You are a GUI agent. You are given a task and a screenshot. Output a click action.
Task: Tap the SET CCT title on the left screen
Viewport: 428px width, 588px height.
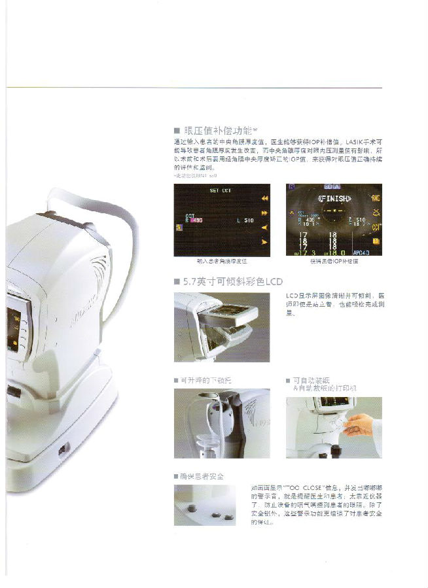point(220,191)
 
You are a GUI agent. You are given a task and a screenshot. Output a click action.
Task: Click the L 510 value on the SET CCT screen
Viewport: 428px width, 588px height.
point(245,221)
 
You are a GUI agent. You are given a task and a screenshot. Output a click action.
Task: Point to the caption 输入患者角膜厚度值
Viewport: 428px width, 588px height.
point(221,261)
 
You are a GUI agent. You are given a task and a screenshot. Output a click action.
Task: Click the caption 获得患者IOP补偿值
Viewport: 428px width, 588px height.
point(334,261)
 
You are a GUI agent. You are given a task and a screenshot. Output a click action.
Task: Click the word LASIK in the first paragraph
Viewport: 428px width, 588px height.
point(356,142)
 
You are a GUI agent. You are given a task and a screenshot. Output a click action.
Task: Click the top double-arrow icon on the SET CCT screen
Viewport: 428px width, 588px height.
point(264,198)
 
